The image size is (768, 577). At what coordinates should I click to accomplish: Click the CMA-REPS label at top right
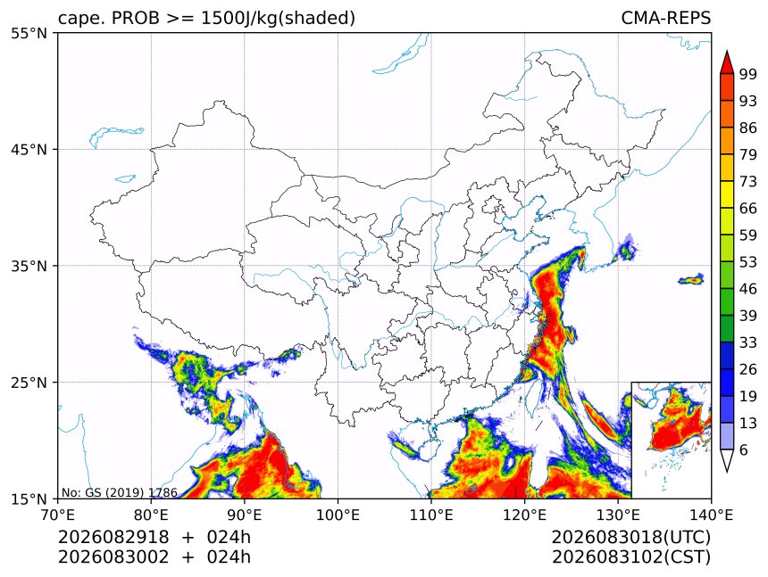click(665, 18)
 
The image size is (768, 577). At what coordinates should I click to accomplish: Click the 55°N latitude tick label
click(29, 34)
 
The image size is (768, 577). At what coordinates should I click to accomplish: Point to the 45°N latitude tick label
click(29, 150)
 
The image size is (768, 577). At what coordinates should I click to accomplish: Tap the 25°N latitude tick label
click(29, 383)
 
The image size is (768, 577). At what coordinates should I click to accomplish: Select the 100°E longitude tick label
click(338, 515)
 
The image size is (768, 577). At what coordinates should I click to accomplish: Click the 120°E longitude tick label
click(524, 515)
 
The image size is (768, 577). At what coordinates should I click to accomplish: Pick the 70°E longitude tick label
click(58, 515)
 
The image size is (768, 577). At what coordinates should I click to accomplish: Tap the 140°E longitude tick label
click(711, 515)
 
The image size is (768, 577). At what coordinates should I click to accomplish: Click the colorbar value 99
click(748, 74)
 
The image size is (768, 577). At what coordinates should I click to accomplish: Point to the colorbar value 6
click(744, 449)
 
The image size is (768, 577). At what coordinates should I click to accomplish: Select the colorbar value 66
click(748, 209)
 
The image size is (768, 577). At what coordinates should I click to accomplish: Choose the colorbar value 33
click(748, 342)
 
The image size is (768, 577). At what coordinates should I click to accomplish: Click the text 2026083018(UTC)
click(630, 538)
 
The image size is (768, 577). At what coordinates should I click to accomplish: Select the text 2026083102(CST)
click(630, 557)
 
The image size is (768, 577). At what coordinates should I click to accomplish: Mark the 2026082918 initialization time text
click(113, 537)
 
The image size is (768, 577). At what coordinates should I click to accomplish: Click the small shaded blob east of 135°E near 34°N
click(691, 280)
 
